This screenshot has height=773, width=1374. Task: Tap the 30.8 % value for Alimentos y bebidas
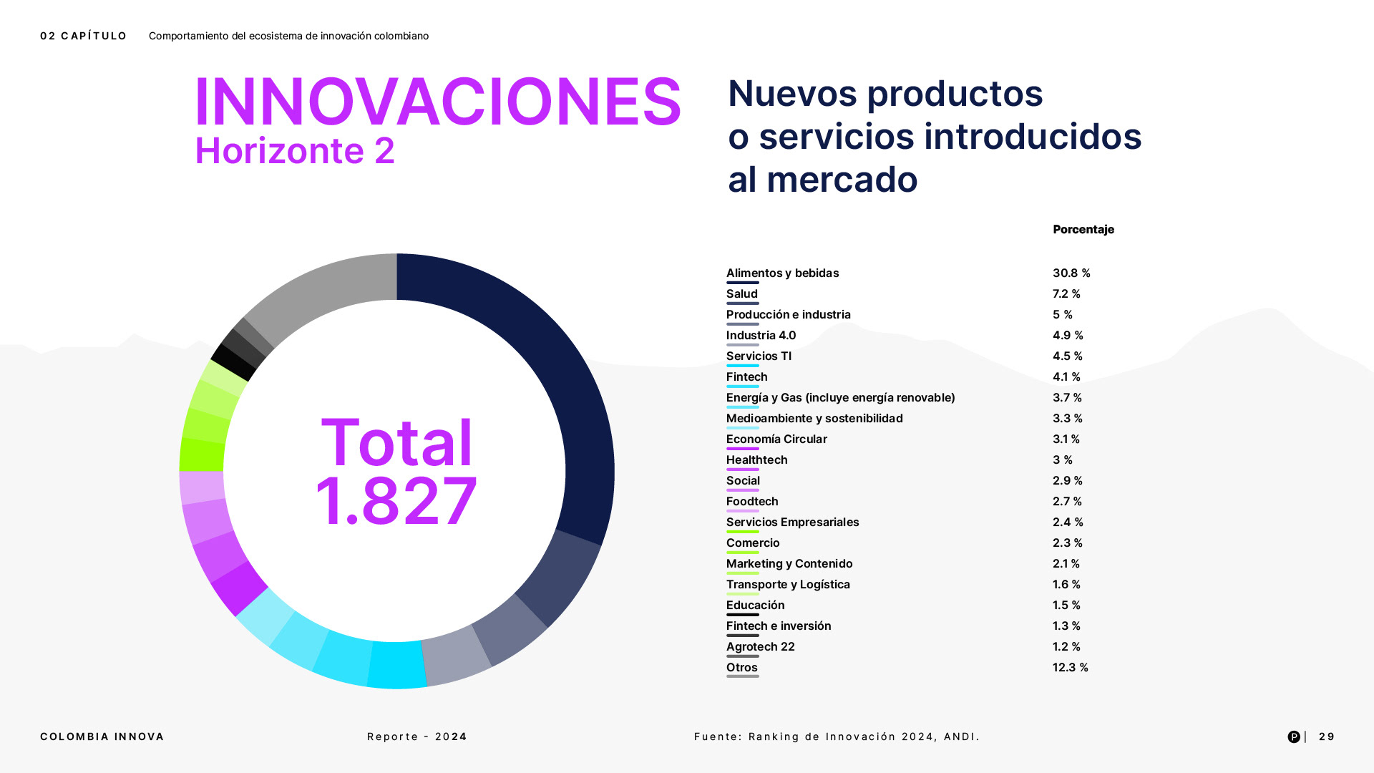[x=1071, y=273]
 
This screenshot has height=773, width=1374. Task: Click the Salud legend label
[x=741, y=294]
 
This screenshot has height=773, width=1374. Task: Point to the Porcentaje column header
[x=1083, y=230]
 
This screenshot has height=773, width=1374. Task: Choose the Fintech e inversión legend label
[x=779, y=626]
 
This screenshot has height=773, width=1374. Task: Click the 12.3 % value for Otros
[x=1070, y=668]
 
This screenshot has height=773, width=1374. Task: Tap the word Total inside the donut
[x=396, y=442]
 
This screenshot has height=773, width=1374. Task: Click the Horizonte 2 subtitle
[x=294, y=151]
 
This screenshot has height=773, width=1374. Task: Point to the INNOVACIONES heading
[x=437, y=102]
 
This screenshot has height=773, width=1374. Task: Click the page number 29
[x=1326, y=736]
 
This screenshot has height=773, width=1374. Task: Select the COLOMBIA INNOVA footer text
[x=102, y=736]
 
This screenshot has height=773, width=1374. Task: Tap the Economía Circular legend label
[x=776, y=439]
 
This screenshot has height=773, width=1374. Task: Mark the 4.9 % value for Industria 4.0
[x=1068, y=336]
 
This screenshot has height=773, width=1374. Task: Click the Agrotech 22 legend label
[x=760, y=647]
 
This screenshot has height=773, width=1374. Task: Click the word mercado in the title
[x=842, y=180]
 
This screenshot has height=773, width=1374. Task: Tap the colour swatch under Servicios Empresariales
[x=742, y=532]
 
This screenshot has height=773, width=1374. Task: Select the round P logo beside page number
[x=1294, y=736]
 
